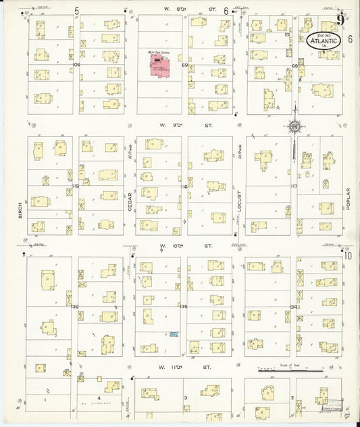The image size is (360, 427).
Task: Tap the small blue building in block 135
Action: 174,334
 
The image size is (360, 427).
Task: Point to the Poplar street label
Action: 349,200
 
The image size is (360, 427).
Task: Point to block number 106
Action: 76,65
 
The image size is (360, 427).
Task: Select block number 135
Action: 183,306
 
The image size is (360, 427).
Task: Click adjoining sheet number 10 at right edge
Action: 348,255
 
